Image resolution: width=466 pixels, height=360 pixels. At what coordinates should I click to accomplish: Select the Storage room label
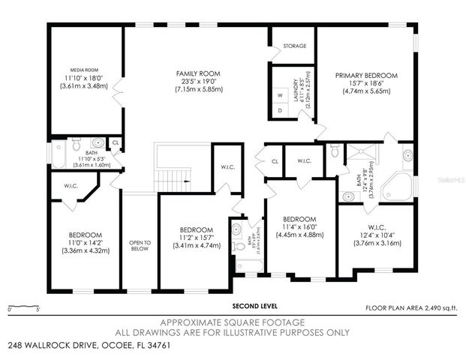pos(295,46)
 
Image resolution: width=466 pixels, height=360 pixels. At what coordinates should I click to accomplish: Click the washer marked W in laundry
pos(280,95)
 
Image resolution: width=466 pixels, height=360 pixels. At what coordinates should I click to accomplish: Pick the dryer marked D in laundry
pos(280,110)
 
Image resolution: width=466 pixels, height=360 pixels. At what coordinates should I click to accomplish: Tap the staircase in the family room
pos(172,169)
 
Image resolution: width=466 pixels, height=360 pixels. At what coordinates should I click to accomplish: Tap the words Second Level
pos(257,306)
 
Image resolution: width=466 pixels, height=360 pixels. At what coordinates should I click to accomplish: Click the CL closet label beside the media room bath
pos(115,141)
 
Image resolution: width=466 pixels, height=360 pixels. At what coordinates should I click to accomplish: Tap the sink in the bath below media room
pos(98,142)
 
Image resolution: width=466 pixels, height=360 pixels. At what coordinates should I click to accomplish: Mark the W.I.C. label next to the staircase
pos(227,167)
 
